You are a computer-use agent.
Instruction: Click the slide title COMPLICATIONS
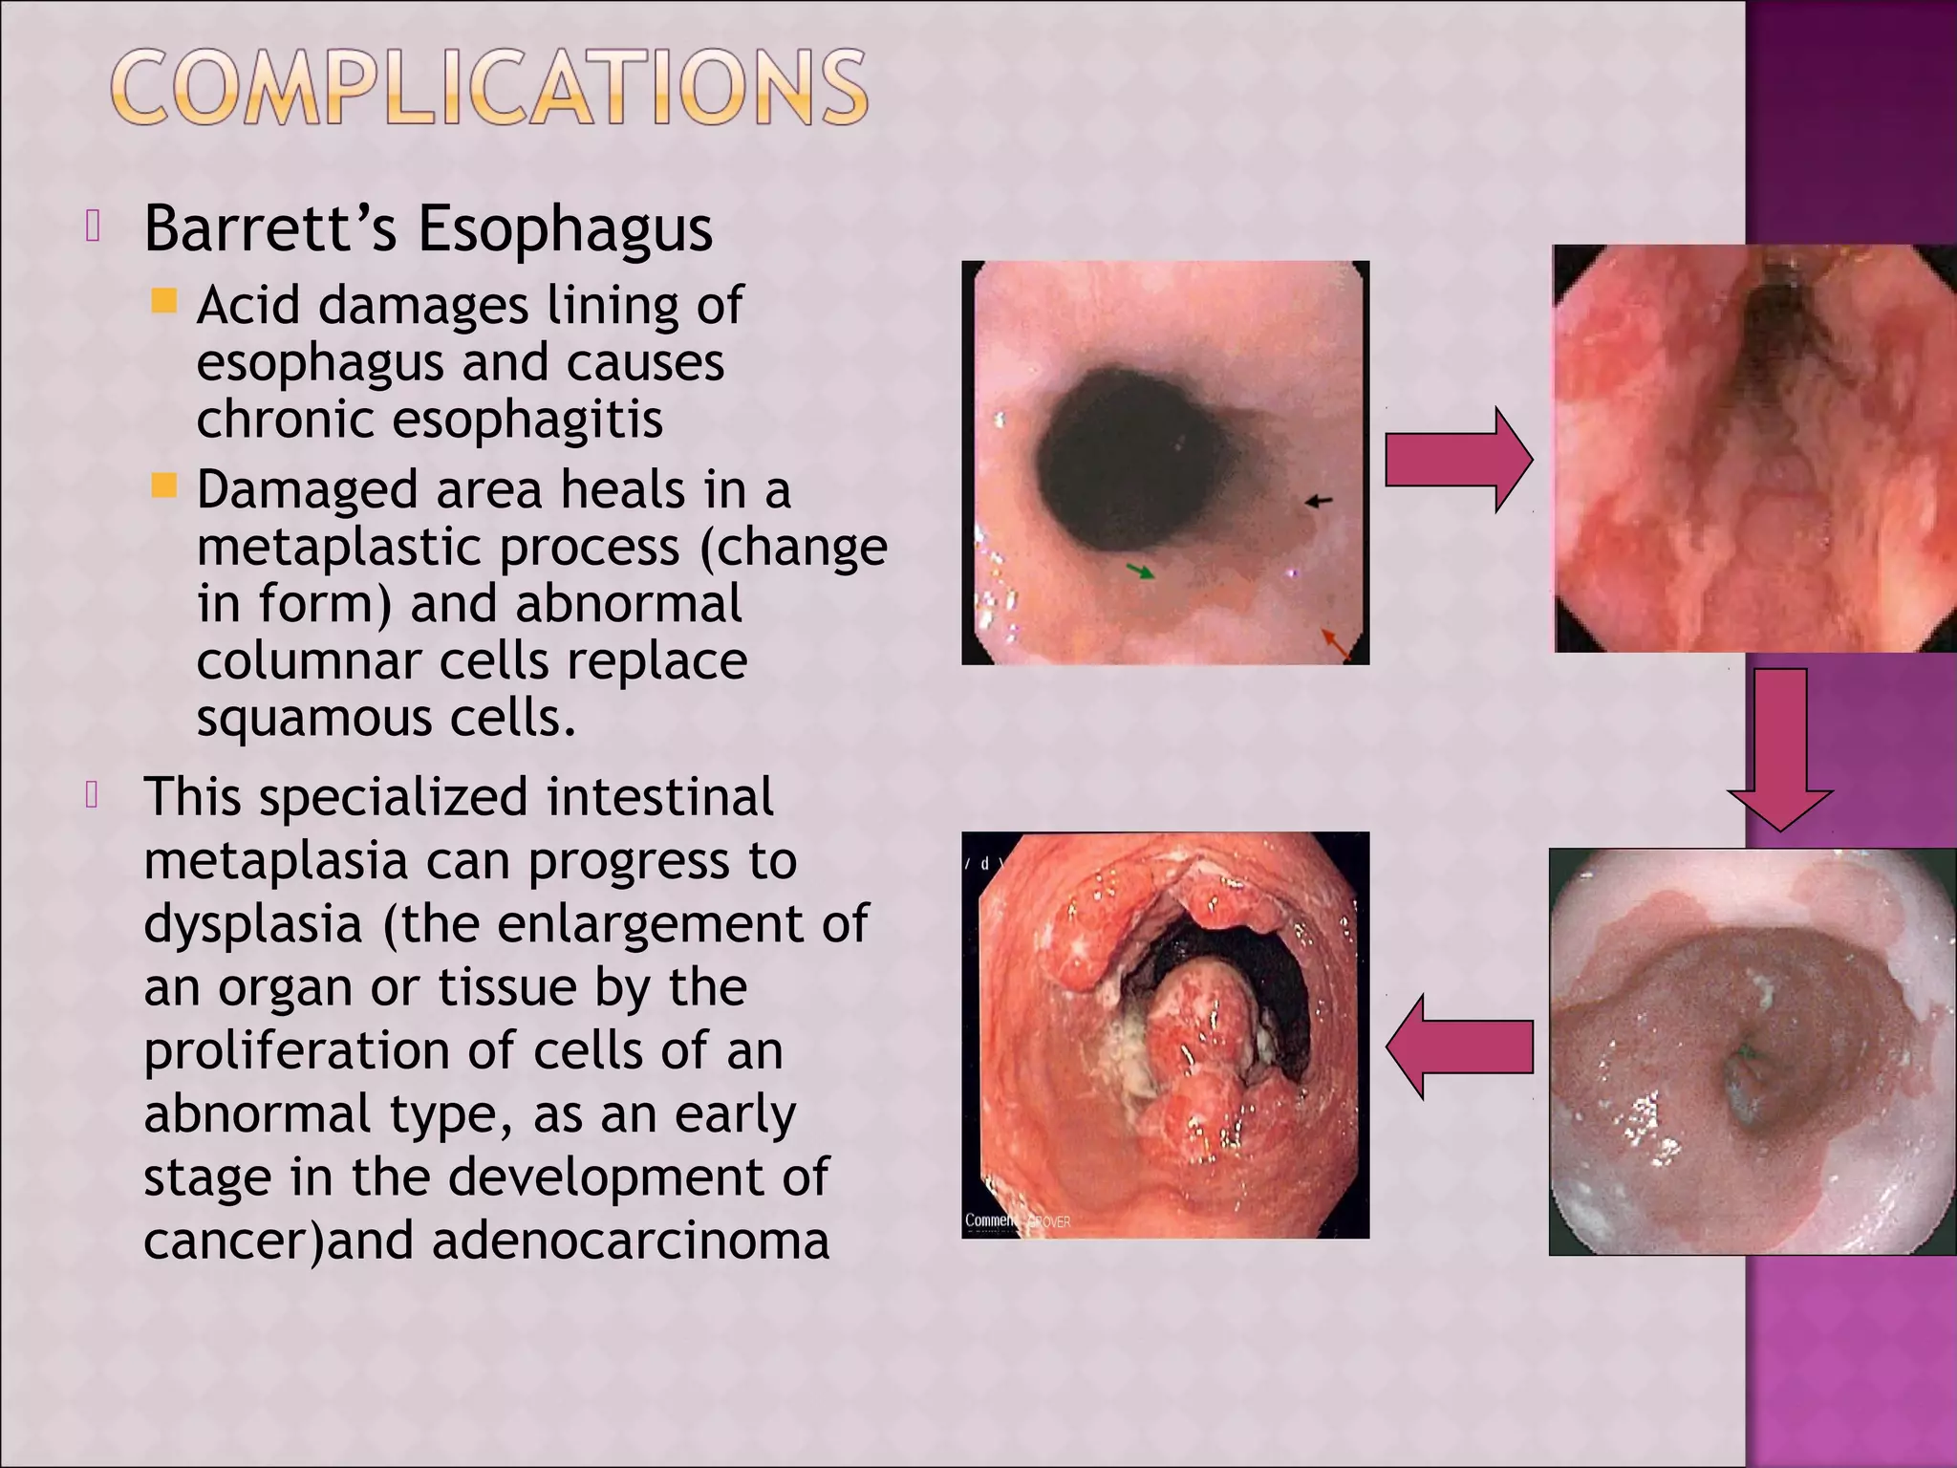coord(489,88)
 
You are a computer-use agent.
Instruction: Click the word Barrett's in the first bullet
coord(269,229)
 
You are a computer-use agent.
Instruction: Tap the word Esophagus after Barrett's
coord(565,231)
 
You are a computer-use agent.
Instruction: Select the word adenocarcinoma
coord(631,1241)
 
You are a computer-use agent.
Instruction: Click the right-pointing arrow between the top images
coord(1458,461)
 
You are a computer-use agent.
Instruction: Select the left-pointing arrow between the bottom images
coord(1458,1047)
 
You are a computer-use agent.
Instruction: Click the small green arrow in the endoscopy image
coord(1140,572)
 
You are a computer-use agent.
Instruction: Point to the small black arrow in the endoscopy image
coord(1319,500)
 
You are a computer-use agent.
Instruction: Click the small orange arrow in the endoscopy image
coord(1335,642)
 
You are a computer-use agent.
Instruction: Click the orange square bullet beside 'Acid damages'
coord(164,302)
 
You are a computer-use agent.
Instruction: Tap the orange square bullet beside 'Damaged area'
coord(164,486)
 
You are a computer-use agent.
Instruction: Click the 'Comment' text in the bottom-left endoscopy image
coord(991,1220)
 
